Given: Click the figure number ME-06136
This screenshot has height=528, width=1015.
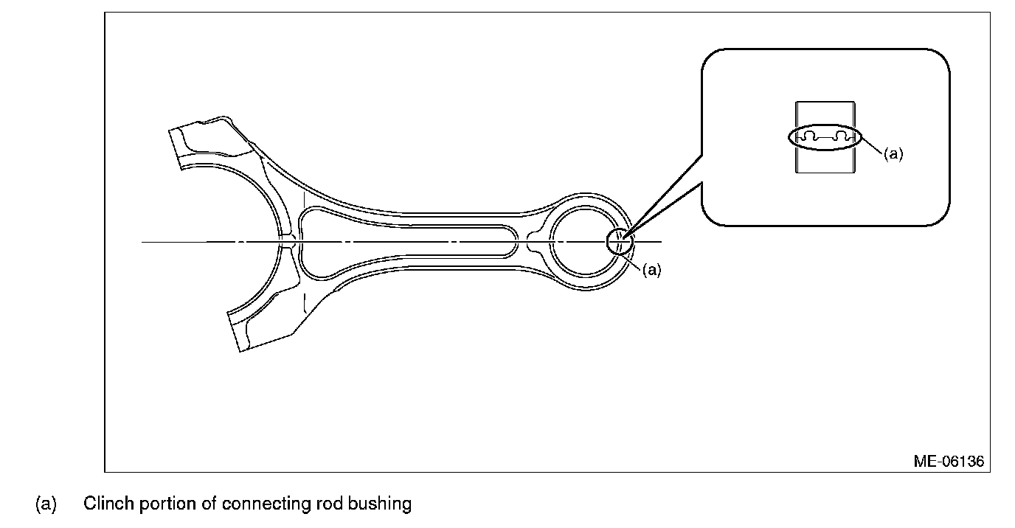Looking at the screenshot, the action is click(x=949, y=462).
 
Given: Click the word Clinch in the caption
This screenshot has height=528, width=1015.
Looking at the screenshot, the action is click(x=108, y=504).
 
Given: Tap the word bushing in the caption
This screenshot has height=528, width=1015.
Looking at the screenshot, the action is click(x=380, y=504).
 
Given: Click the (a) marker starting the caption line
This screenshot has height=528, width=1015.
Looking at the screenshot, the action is click(x=46, y=504).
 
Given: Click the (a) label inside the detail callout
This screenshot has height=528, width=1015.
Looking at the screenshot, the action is click(x=893, y=154).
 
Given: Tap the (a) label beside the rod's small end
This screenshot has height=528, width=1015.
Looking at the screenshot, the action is click(x=652, y=270).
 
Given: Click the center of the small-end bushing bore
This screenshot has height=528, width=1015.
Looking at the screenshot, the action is click(x=585, y=241).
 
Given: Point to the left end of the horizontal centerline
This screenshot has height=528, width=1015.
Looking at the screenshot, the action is click(x=142, y=242).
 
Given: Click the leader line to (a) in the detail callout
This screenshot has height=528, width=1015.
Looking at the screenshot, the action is click(x=872, y=145).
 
